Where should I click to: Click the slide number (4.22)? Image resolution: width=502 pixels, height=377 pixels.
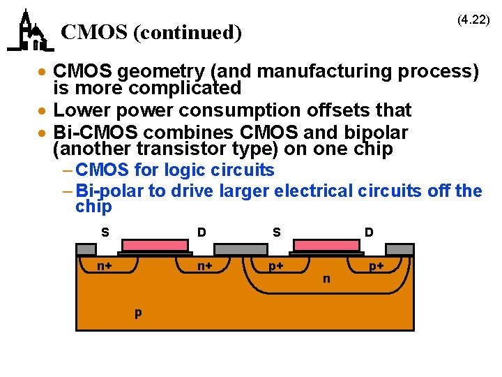tap(473, 20)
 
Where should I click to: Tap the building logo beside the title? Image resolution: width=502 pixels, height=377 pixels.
tap(30, 31)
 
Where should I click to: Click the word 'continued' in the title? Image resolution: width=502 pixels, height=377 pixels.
tap(182, 32)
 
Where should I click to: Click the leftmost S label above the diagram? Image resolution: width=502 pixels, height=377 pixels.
tap(105, 232)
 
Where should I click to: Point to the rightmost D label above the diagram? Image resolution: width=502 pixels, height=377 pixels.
tap(369, 232)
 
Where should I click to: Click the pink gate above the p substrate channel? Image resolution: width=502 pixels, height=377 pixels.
tap(155, 245)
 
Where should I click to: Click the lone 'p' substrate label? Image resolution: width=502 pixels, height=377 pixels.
tap(138, 311)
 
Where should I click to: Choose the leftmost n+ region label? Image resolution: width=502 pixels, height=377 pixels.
tap(106, 266)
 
